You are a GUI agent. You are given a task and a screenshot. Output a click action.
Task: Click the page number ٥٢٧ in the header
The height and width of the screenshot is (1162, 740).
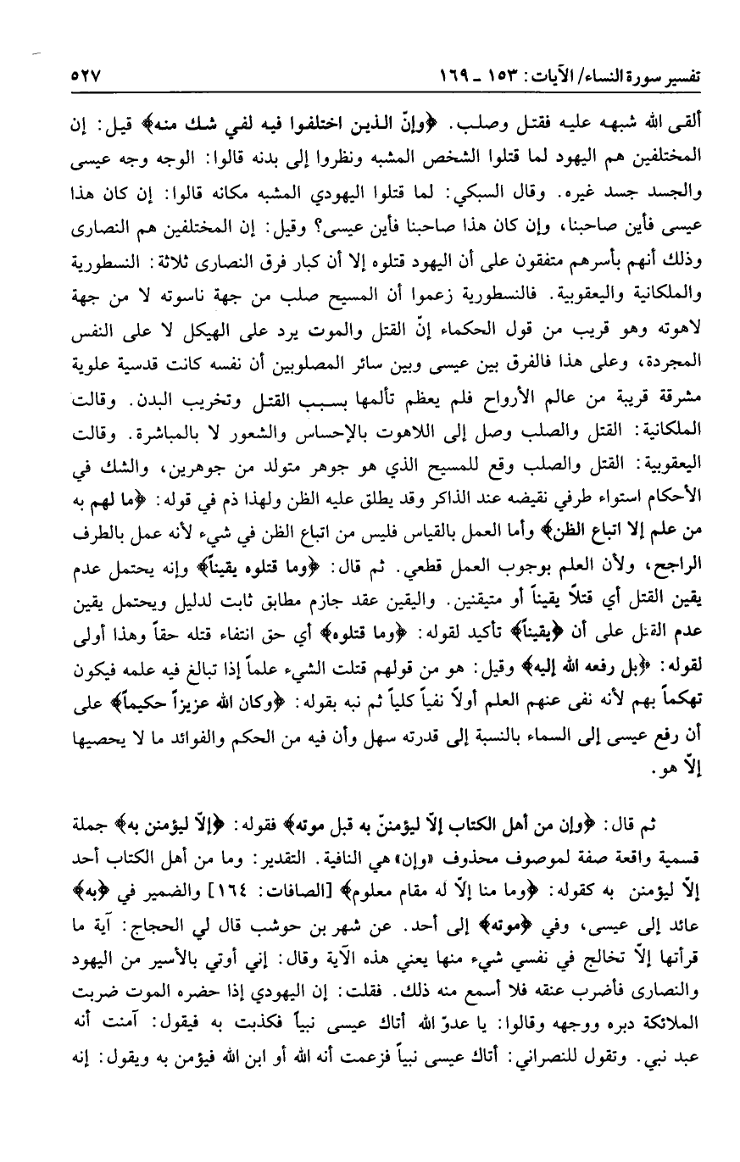click(85, 74)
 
